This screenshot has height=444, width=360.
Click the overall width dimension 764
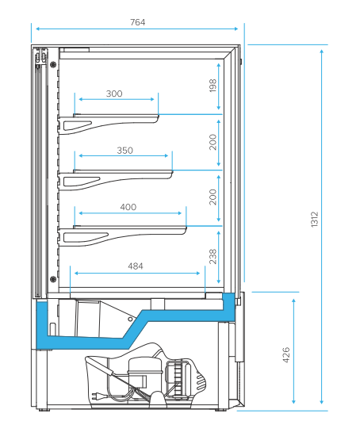pyautogui.click(x=138, y=22)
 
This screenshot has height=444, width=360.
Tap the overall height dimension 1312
pyautogui.click(x=314, y=219)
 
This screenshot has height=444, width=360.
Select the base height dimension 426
pyautogui.click(x=286, y=355)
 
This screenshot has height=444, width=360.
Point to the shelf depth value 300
pyautogui.click(x=114, y=94)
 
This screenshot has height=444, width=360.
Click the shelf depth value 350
pyautogui.click(x=125, y=151)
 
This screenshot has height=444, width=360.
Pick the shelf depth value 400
pyautogui.click(x=128, y=207)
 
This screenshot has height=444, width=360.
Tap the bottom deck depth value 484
pyautogui.click(x=136, y=266)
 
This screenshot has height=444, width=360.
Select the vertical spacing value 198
pyautogui.click(x=213, y=86)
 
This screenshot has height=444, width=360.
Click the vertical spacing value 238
pyautogui.click(x=213, y=257)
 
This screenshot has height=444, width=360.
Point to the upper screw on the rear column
pyautogui.click(x=53, y=64)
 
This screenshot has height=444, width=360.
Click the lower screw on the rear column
pyautogui.click(x=53, y=279)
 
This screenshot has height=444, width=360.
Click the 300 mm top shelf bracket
pyautogui.click(x=108, y=124)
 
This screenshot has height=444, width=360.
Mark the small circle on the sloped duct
pyautogui.click(x=130, y=319)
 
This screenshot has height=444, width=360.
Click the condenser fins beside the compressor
pyautogui.click(x=178, y=379)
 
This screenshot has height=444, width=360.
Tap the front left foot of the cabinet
pyautogui.click(x=43, y=409)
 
